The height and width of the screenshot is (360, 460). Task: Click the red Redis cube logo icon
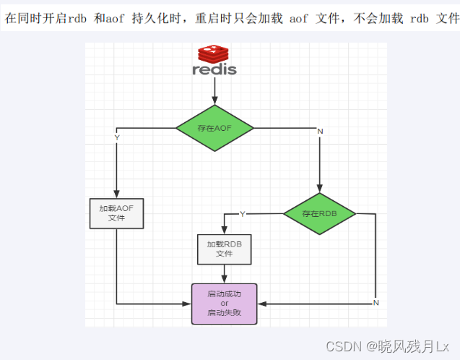214,54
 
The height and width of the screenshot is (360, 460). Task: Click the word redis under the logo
214,70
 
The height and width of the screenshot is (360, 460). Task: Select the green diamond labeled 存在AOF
214,128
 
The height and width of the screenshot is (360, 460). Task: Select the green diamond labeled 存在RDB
319,214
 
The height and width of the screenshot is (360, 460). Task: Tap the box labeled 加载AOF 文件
116,213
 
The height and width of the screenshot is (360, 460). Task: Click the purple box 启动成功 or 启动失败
224,304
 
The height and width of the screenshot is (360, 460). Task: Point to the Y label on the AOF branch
117,137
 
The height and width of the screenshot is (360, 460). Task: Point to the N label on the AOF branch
320,131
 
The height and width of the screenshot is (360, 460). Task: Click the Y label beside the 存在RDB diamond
242,214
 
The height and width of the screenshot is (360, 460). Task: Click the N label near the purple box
376,302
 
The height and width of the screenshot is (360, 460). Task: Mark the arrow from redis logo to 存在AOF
214,90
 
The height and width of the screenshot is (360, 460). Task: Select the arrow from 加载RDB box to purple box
224,274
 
